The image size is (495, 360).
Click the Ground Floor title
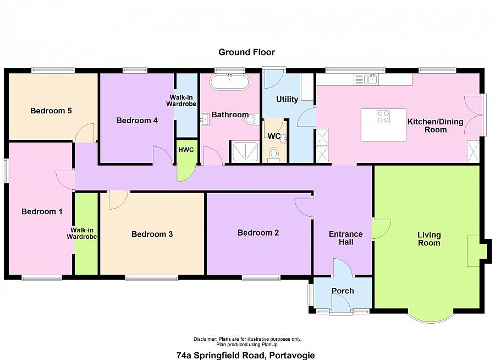click(246, 52)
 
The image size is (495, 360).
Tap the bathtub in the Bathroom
click(229, 81)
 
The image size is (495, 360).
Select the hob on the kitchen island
click(383, 116)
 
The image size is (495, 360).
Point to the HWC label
click(186, 150)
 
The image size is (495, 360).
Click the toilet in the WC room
click(273, 155)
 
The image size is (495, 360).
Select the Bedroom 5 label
click(51, 111)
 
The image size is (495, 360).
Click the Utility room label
click(287, 99)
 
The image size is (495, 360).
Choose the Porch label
click(343, 291)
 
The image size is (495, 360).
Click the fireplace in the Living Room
click(474, 251)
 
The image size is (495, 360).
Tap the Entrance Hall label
click(346, 238)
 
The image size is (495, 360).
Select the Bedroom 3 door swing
click(118, 200)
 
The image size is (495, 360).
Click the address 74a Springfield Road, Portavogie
click(245, 356)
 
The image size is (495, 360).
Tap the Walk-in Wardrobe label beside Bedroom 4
click(181, 101)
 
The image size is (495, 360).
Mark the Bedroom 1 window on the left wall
click(5, 170)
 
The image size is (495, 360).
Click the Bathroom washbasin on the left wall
click(205, 119)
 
